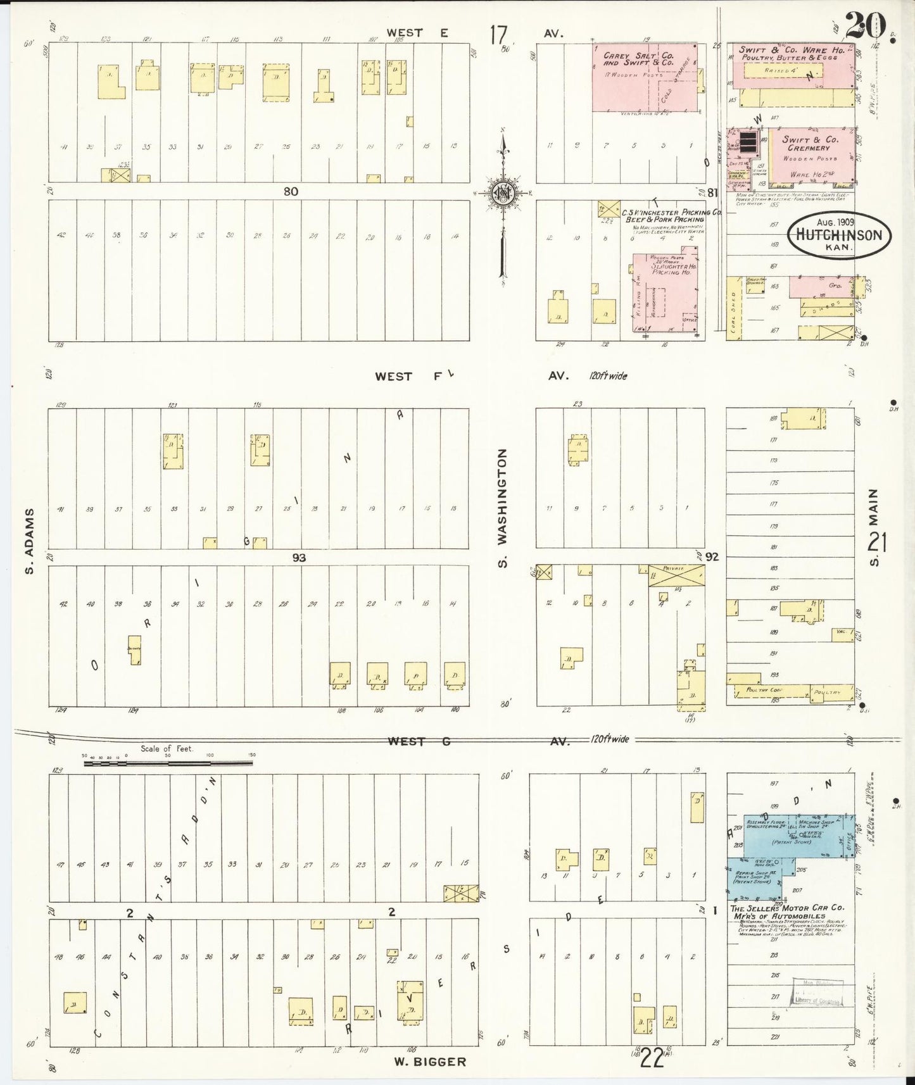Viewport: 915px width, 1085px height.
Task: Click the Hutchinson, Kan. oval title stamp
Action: [838, 234]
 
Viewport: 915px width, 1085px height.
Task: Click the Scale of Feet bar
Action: [168, 763]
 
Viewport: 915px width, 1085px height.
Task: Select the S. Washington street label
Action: [503, 508]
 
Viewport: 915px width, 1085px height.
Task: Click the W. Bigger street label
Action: [430, 1062]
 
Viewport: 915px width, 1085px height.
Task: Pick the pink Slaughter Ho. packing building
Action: [665, 291]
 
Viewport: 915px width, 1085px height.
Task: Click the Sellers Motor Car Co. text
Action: [787, 913]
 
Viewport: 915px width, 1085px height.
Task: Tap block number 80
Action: [291, 191]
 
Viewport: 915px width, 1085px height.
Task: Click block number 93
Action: [299, 558]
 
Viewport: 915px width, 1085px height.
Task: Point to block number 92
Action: [712, 556]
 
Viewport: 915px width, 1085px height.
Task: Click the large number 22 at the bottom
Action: [652, 1057]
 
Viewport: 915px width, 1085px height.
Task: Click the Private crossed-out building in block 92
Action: [676, 575]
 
